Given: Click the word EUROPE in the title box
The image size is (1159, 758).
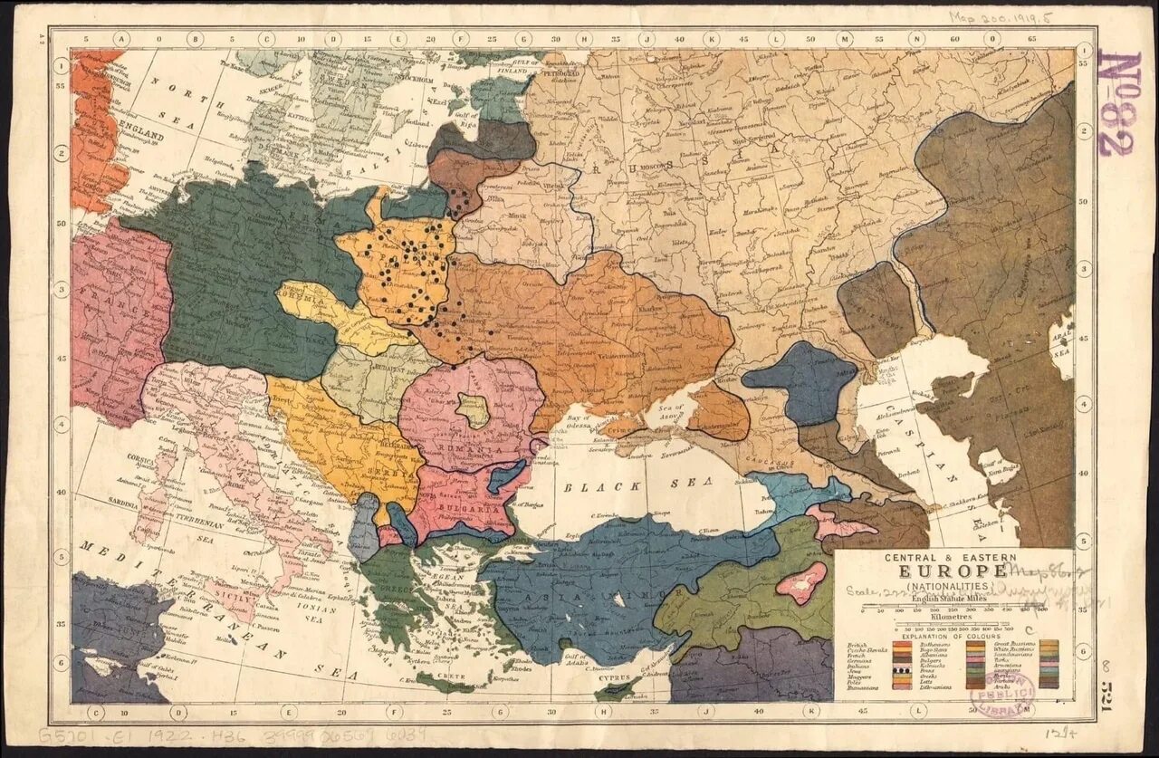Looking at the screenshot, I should click(952, 571).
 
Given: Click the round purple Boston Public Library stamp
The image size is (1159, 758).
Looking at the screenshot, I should click(1001, 694).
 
